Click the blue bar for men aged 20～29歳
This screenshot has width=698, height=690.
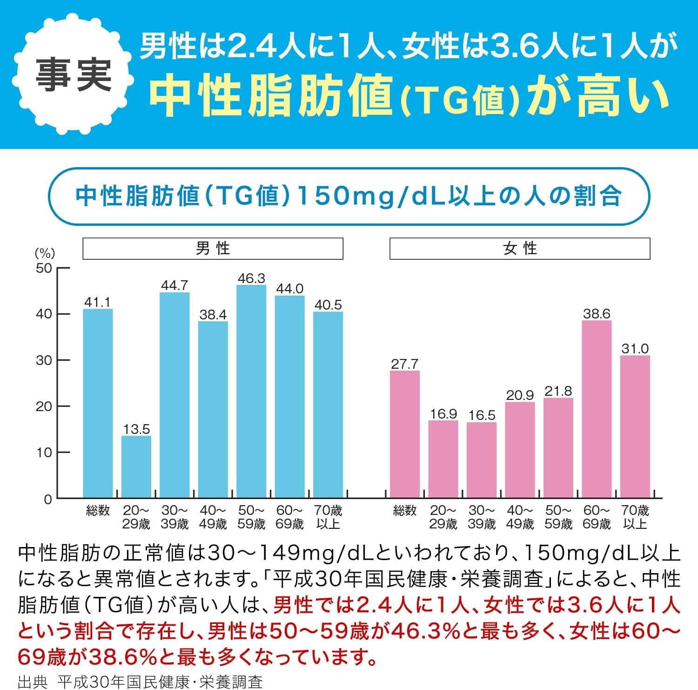click(x=136, y=467)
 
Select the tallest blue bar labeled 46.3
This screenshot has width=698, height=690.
click(x=251, y=391)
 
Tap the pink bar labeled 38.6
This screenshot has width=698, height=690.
click(x=597, y=409)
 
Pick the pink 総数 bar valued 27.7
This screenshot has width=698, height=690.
click(x=404, y=434)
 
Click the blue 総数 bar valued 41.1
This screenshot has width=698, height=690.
click(x=98, y=403)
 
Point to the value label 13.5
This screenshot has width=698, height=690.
click(x=136, y=429)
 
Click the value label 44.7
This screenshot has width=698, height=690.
click(x=174, y=285)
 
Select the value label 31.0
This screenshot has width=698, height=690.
click(x=635, y=348)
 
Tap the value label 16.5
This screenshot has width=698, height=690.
click(x=482, y=415)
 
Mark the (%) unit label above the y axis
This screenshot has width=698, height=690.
click(x=45, y=253)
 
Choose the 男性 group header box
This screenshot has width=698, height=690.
click(x=213, y=249)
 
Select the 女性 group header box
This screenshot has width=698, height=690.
click(x=519, y=249)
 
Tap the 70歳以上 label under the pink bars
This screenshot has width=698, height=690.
click(x=635, y=517)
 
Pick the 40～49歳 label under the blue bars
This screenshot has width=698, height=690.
click(x=213, y=517)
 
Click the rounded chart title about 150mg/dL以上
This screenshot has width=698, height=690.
click(x=349, y=196)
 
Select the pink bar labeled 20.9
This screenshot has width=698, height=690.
click(x=520, y=450)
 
